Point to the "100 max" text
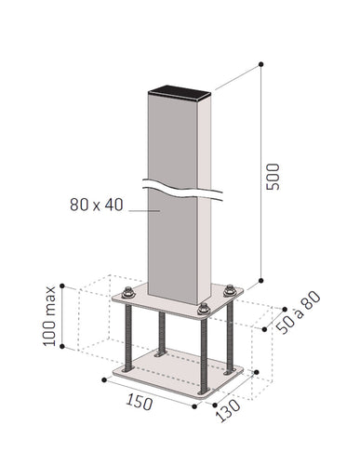[49, 317]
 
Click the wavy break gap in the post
[181, 187]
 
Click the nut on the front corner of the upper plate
[203, 309]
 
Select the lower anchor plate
[177, 372]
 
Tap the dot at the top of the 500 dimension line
[260, 63]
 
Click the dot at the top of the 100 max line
[61, 286]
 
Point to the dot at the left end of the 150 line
[102, 378]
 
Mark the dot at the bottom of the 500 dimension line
[260, 279]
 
